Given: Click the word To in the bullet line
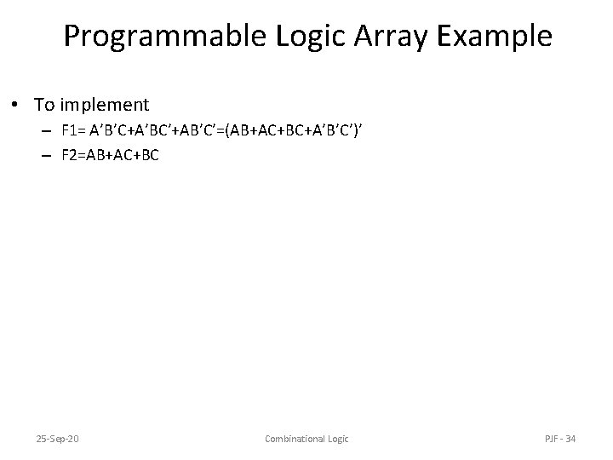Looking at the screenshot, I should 45,105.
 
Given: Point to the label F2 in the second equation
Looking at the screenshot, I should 70,156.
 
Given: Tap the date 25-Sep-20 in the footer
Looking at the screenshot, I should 59,439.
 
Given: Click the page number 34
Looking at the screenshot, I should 570,439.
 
